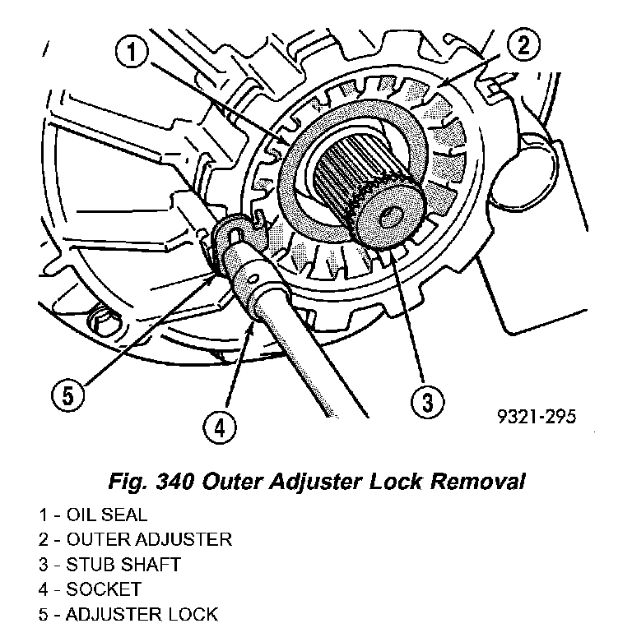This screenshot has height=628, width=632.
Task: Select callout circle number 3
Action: point(426,403)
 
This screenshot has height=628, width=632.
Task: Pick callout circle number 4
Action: point(219,427)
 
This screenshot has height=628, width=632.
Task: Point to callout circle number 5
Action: point(67,395)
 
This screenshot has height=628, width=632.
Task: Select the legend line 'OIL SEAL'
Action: point(92,515)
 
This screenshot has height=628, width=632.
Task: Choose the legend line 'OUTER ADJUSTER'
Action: point(134,540)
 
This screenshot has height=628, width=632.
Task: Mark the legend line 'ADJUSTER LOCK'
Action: point(127,614)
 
